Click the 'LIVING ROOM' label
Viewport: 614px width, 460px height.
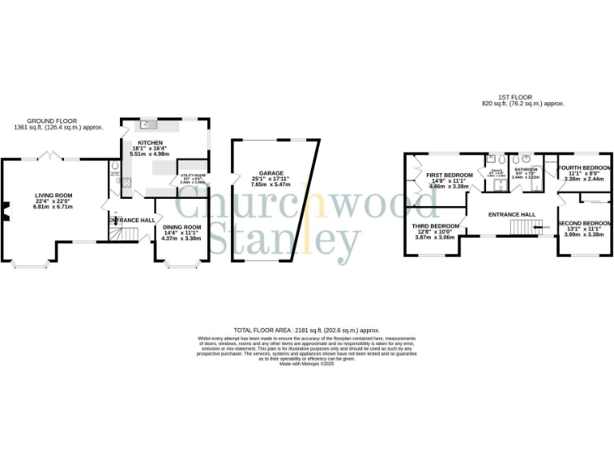pyautogui.click(x=53, y=195)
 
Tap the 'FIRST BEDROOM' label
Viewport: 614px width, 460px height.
pyautogui.click(x=449, y=175)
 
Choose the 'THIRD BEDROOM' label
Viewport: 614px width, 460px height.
pyautogui.click(x=436, y=226)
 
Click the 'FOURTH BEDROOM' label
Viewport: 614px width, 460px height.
pyautogui.click(x=584, y=168)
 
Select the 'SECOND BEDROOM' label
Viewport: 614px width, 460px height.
pyautogui.click(x=584, y=224)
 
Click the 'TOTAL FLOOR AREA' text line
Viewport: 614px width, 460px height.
pyautogui.click(x=306, y=330)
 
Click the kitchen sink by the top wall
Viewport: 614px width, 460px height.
pyautogui.click(x=149, y=125)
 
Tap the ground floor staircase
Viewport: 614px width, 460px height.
pyautogui.click(x=119, y=233)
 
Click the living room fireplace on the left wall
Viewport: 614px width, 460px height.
pyautogui.click(x=5, y=210)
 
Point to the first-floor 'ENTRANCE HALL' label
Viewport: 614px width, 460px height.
pyautogui.click(x=512, y=215)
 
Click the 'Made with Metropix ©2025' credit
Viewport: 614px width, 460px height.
pyautogui.click(x=306, y=365)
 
